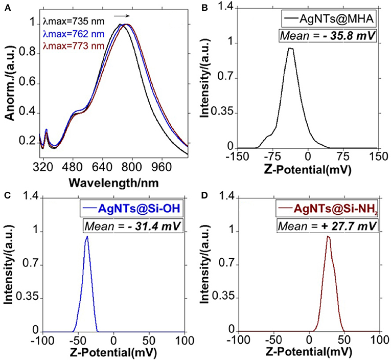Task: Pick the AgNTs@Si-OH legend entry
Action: click(139, 210)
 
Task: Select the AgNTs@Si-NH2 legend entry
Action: click(332, 210)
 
